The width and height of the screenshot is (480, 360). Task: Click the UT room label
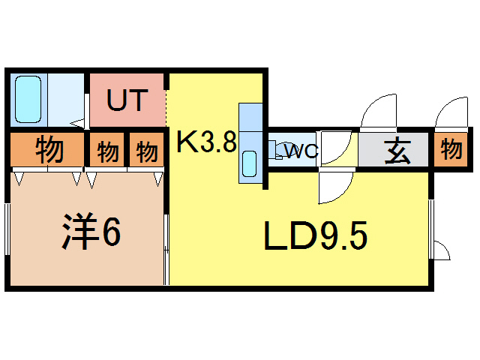pos(125,100)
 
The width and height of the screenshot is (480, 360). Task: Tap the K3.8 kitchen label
pos(206,142)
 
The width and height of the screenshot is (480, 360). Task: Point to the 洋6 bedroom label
pos(89,233)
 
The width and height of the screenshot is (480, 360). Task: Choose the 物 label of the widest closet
pos(48,150)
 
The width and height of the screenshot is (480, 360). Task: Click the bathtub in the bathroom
pos(29,100)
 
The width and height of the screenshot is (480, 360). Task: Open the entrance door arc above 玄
pos(379,112)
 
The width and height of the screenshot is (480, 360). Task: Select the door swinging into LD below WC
pos(334,187)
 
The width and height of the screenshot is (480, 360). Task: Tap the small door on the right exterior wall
pos(442,250)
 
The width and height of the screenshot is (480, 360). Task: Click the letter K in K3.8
pos(186,142)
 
